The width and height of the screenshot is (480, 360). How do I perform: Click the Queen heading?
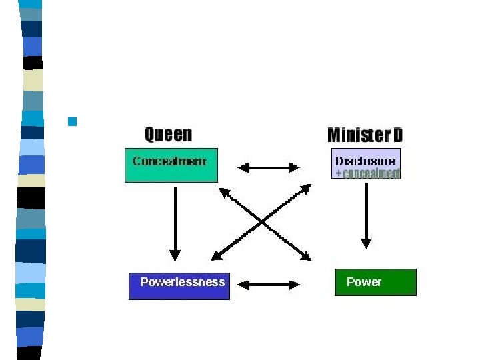click(168, 135)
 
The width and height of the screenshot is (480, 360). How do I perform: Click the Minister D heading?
click(365, 135)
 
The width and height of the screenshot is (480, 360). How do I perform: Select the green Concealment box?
click(171, 167)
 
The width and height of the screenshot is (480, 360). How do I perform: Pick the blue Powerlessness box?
click(179, 285)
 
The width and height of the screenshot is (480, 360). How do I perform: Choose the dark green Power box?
click(375, 282)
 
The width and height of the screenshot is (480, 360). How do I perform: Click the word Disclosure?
click(365, 161)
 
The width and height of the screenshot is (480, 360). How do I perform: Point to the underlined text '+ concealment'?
click(368, 173)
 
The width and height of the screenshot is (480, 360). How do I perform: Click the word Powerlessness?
click(183, 282)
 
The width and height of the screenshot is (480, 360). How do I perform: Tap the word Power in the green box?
click(364, 282)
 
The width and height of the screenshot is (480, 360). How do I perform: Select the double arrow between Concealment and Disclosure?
click(269, 167)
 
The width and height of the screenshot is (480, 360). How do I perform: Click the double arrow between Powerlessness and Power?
click(269, 285)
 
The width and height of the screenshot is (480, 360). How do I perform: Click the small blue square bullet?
click(73, 121)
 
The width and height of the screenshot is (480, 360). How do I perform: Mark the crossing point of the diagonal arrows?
click(263, 222)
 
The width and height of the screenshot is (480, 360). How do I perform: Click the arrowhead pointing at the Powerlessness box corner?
click(215, 256)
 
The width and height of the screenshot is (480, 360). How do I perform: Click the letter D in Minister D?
click(397, 135)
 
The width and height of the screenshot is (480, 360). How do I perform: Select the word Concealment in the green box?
click(169, 161)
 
